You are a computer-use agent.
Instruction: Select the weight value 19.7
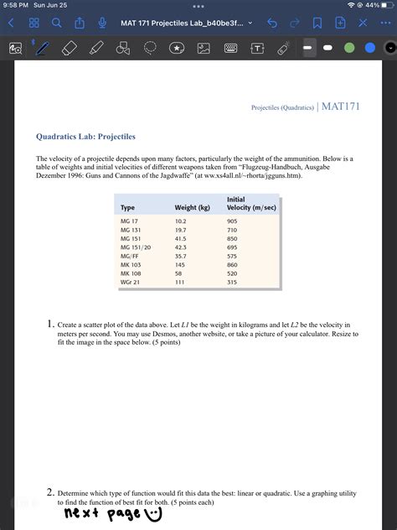(x=181, y=230)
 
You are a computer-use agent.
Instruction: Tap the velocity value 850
(x=233, y=239)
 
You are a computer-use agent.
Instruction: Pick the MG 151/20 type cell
(x=135, y=247)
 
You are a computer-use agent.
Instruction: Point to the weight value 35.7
(x=181, y=257)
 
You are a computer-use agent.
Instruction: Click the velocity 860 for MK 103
(x=233, y=265)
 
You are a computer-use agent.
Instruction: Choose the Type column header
(x=128, y=207)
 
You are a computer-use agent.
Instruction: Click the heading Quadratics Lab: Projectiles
(x=85, y=136)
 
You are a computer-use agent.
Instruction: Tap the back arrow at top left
(x=12, y=23)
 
